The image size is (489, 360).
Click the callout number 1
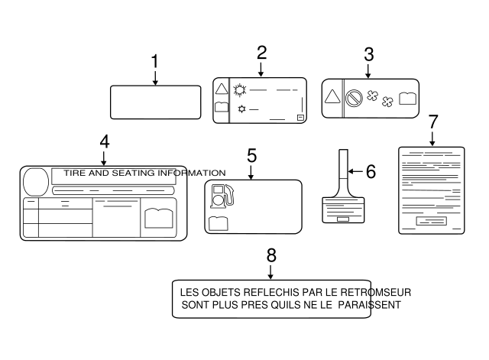155,62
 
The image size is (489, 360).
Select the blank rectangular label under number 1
155,102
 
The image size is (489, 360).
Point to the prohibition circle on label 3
354,98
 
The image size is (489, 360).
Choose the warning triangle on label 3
332,97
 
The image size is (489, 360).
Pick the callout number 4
104,141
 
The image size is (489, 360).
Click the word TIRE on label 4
75,174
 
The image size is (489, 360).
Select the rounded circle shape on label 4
35,181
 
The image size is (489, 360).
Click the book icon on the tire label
158,217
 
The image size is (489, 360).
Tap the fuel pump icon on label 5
221,196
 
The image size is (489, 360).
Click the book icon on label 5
218,223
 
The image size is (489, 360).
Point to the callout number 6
370,172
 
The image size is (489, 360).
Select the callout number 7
432,122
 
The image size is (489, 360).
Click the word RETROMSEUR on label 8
377,292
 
